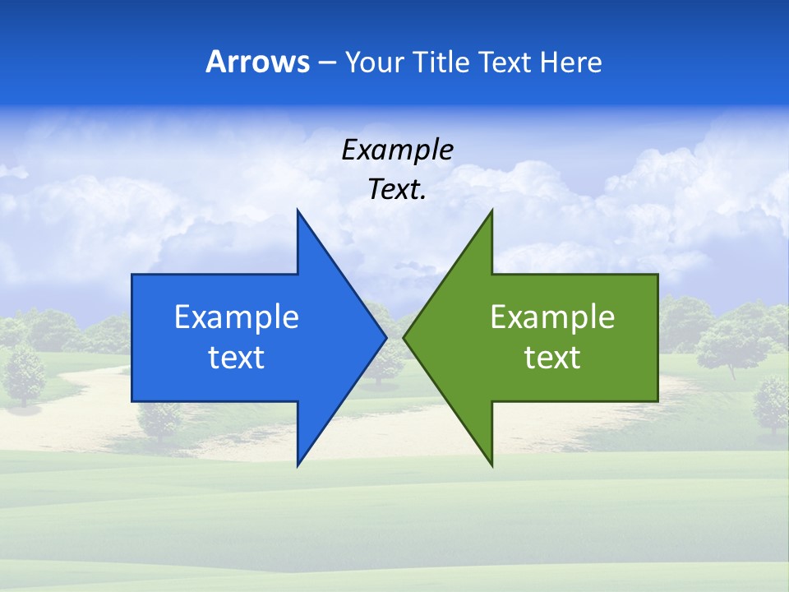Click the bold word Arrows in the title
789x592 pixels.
[257, 62]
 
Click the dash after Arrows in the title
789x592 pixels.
[325, 62]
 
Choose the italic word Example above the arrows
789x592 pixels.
[397, 150]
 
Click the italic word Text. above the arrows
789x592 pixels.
[397, 190]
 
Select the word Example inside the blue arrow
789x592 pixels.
[237, 317]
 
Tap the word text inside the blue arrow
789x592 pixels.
[237, 358]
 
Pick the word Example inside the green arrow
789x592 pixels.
[552, 317]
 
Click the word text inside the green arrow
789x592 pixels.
[552, 358]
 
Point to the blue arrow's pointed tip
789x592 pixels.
[385, 337]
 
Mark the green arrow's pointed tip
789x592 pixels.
[404, 337]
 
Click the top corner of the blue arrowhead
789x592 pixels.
[298, 210]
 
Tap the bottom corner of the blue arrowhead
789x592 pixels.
[298, 465]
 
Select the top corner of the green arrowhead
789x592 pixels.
[491, 210]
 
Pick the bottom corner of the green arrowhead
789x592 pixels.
[491, 465]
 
